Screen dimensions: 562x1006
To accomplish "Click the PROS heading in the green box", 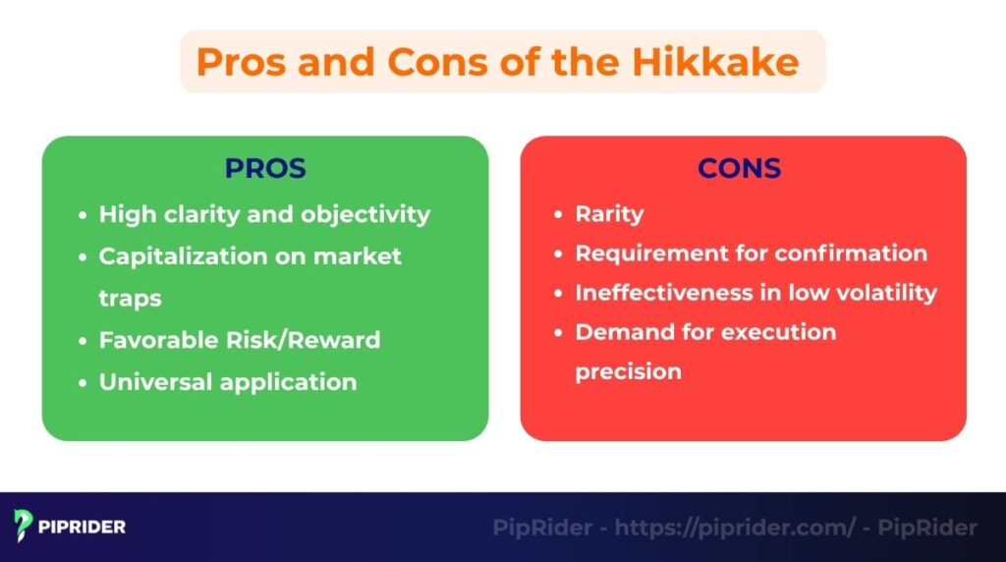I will click(265, 168).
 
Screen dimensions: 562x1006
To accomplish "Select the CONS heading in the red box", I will click(739, 168).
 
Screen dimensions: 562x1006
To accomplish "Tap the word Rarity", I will click(609, 214).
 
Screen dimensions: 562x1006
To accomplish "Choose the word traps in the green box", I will click(130, 298).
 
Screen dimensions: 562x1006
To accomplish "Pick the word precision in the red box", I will click(628, 371).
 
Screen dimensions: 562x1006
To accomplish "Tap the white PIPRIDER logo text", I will click(84, 528).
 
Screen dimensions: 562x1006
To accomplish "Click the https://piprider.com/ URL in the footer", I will click(735, 528).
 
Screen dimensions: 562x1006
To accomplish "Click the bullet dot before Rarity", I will click(559, 215).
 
